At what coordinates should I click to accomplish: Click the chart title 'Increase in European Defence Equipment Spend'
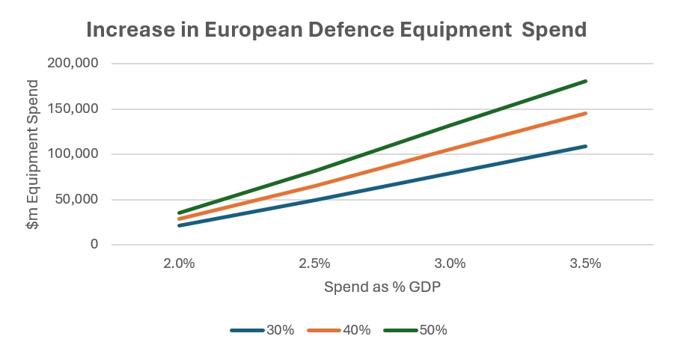[336, 30]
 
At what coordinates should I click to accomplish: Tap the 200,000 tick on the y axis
[73, 64]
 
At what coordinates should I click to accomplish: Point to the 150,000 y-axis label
[73, 109]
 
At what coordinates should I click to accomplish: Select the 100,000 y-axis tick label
[73, 154]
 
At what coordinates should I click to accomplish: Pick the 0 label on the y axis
[94, 245]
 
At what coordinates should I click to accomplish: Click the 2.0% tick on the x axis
[179, 263]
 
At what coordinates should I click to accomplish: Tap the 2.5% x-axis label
[314, 263]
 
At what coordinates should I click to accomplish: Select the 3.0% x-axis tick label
[451, 263]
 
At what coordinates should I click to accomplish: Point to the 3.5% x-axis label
[586, 263]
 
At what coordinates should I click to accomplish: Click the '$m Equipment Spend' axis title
[31, 154]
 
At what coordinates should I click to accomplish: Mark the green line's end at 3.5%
[586, 81]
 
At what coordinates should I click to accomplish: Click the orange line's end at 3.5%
[586, 113]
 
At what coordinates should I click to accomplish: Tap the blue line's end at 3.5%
[586, 146]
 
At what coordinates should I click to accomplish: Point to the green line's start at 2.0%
[179, 213]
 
